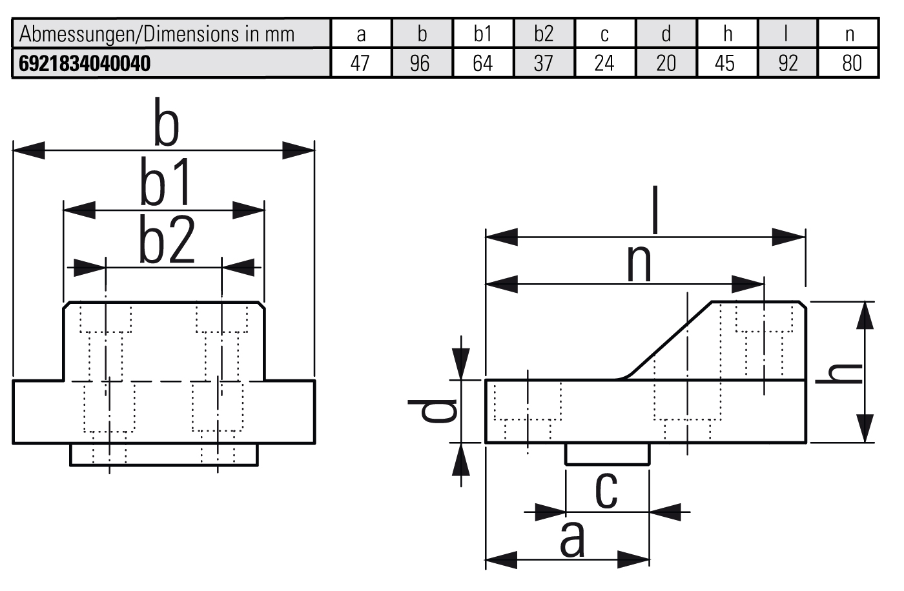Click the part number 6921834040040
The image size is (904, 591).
pyautogui.click(x=85, y=63)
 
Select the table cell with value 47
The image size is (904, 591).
pyautogui.click(x=360, y=63)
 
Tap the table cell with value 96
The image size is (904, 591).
pyautogui.click(x=420, y=63)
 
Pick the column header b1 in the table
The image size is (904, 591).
pyautogui.click(x=482, y=34)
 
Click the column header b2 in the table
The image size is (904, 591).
pyautogui.click(x=544, y=34)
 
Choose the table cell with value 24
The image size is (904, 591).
pyautogui.click(x=604, y=63)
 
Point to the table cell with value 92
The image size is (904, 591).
pyautogui.click(x=788, y=63)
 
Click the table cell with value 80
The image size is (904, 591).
pyautogui.click(x=851, y=63)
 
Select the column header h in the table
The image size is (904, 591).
pyautogui.click(x=727, y=34)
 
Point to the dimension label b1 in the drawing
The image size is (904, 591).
pyautogui.click(x=167, y=183)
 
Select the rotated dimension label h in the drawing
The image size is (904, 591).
pyautogui.click(x=839, y=373)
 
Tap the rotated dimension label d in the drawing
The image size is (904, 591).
pyautogui.click(x=433, y=410)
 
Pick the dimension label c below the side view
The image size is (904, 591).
pyautogui.click(x=606, y=490)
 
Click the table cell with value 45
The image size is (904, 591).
pyautogui.click(x=725, y=63)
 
